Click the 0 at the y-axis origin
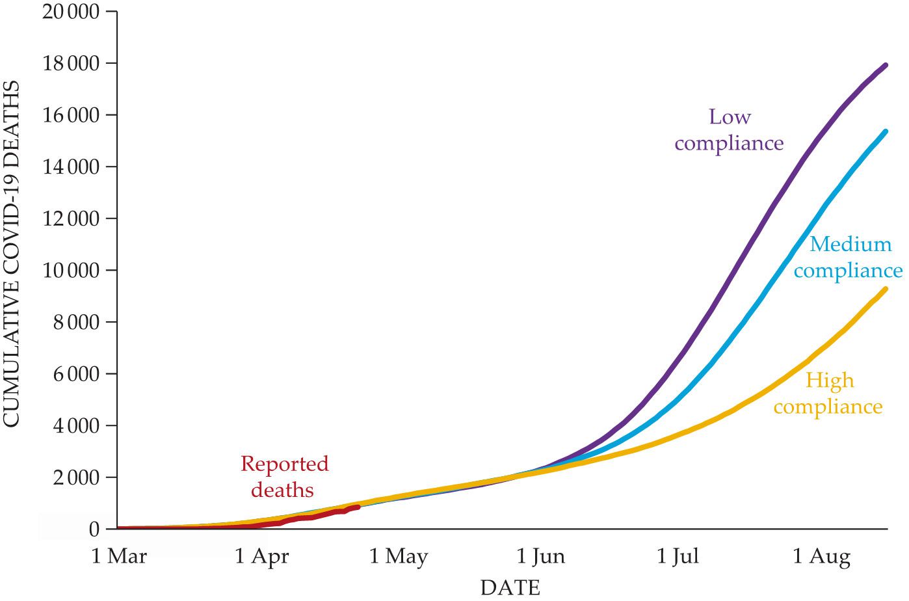94,529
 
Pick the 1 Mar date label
119,557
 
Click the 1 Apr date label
262,557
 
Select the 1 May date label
399,557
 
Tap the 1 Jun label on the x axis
541,557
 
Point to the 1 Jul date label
678,557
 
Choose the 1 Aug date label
821,557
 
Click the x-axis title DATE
510,587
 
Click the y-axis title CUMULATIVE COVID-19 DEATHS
12,254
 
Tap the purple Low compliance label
729,130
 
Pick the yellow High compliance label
828,394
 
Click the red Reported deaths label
284,477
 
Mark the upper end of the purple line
886,65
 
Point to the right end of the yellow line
886,289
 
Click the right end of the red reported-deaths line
358,507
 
